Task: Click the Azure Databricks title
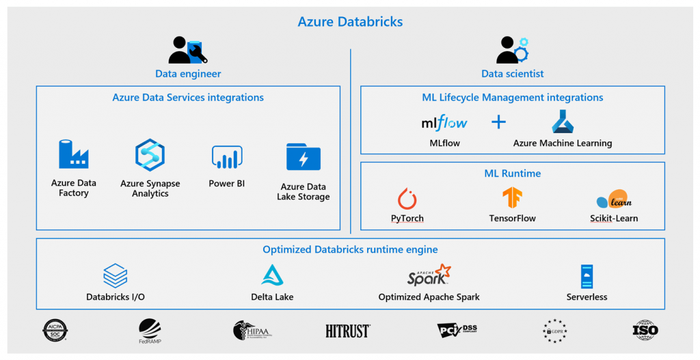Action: coord(350,22)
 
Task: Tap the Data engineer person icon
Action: coord(187,50)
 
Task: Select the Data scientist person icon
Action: coord(512,50)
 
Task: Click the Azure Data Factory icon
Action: coord(73,154)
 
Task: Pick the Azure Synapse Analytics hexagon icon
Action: coord(150,155)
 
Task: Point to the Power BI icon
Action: coord(227,157)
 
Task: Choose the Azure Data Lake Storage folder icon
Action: coord(304,156)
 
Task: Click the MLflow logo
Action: coord(444,123)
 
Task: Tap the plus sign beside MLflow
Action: coord(499,122)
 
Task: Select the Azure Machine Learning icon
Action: coord(562,122)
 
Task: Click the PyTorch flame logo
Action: coord(407,199)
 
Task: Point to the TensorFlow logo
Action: coord(512,198)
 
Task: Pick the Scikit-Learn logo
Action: coord(613,199)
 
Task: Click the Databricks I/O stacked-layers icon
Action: coord(116,275)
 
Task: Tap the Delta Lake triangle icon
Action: coord(272,275)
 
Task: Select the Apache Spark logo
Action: coord(429,275)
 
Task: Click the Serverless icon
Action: coord(587,276)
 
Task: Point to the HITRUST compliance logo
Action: coord(348,331)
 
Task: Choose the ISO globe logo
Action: coord(645,331)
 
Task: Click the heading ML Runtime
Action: coord(512,174)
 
